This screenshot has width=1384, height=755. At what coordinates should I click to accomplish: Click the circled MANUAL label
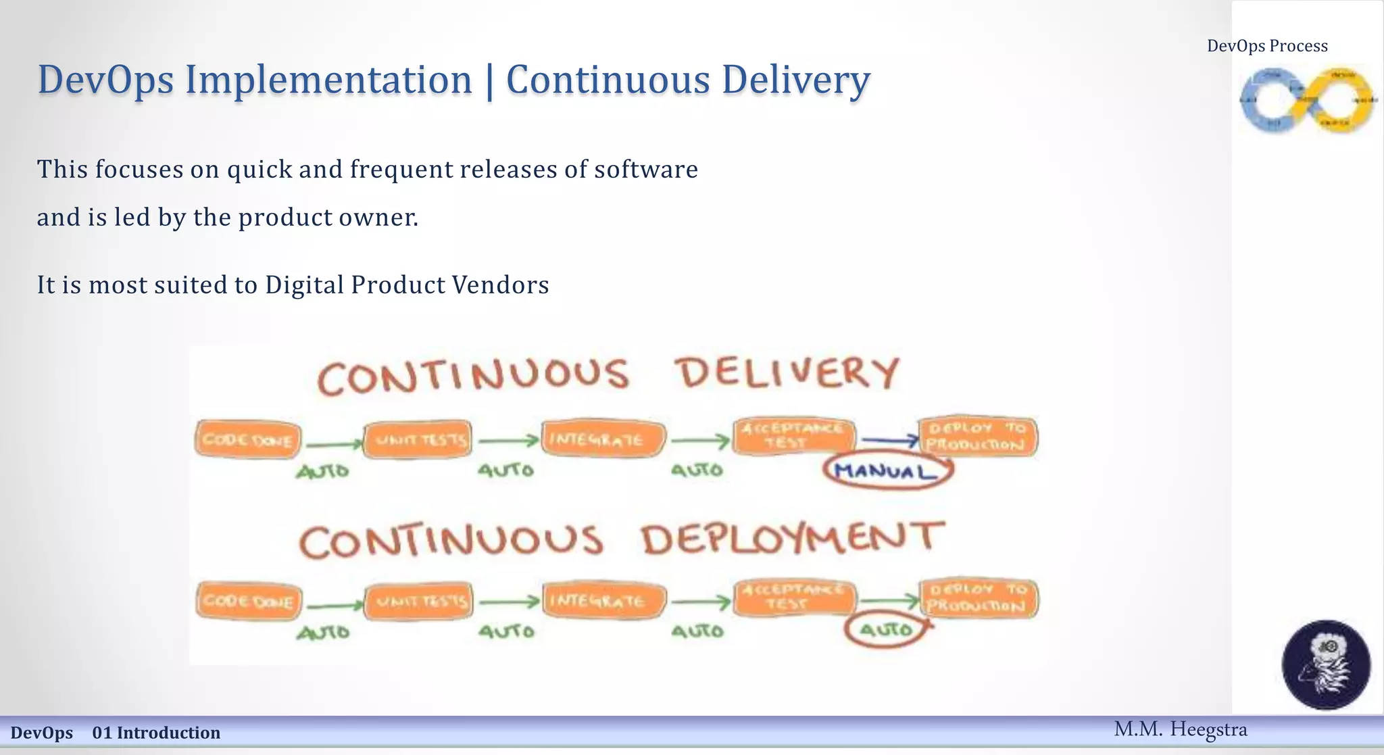887,470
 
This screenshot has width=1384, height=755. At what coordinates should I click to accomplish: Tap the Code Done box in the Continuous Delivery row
248,439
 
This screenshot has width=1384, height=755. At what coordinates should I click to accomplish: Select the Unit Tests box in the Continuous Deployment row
419,601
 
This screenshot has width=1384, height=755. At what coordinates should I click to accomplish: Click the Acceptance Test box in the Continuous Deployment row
794,598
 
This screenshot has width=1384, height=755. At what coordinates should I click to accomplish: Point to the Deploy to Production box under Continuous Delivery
977,437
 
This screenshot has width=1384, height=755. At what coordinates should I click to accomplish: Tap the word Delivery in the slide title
795,80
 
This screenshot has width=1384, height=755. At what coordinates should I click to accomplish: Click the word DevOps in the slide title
105,80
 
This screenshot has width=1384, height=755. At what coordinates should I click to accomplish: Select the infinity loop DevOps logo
1306,100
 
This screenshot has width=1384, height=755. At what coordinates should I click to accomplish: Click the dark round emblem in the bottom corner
1326,664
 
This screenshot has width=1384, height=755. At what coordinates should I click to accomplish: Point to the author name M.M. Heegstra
1180,729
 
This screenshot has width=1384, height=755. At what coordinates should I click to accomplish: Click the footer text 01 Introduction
156,733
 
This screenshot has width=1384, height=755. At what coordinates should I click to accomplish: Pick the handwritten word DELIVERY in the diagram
789,373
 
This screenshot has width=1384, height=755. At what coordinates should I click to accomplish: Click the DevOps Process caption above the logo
1267,46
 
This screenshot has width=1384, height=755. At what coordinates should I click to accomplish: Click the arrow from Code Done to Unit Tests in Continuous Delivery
333,444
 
